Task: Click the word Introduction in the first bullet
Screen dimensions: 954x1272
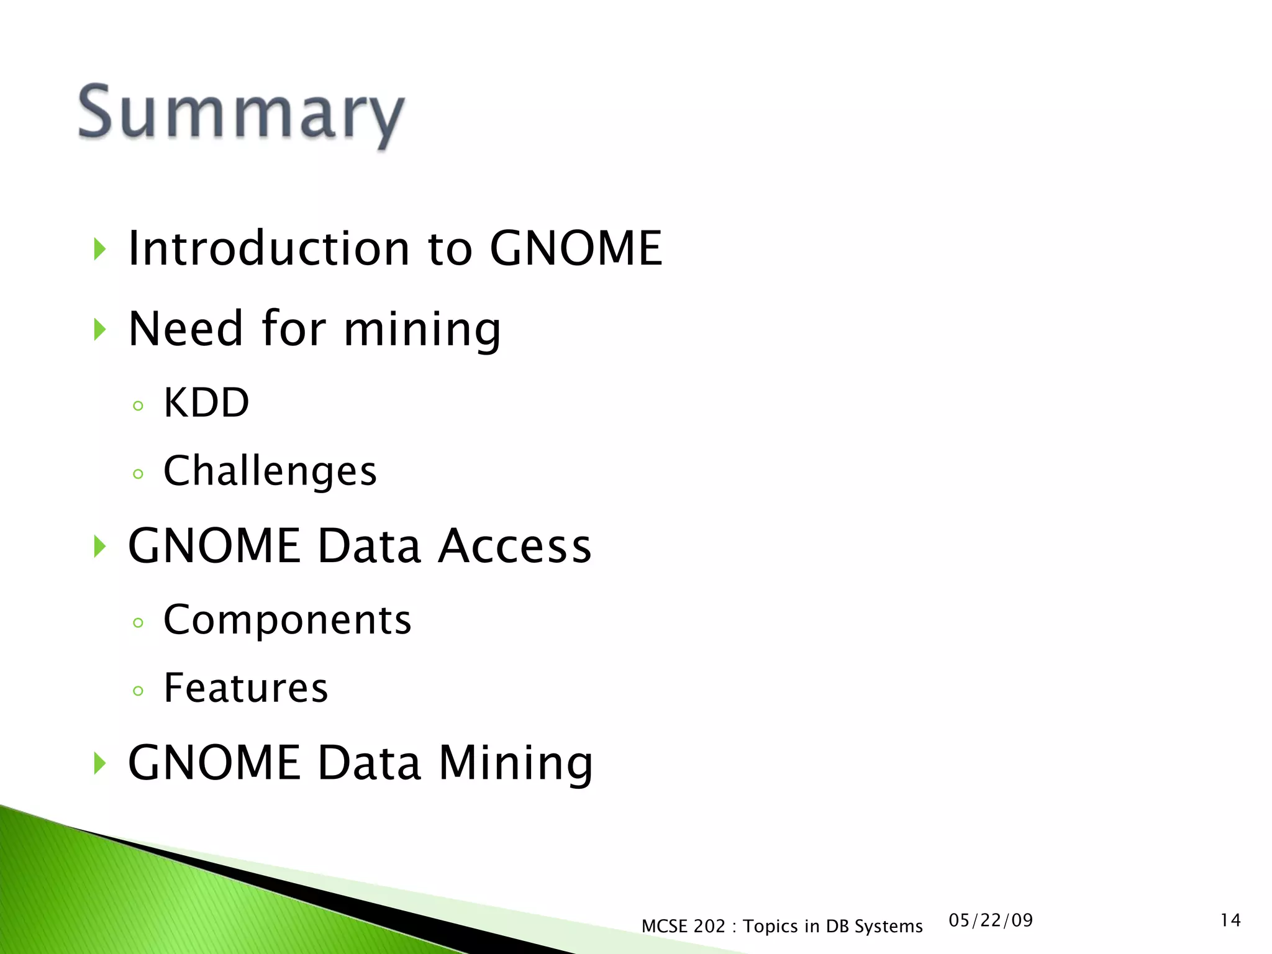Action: point(268,248)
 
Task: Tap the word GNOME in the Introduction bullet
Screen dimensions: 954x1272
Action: point(576,248)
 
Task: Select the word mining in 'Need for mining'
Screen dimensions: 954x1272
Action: point(422,329)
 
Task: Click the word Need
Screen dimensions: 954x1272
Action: point(185,329)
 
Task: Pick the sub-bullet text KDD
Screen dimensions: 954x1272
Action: point(206,403)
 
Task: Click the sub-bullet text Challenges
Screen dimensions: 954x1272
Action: point(270,471)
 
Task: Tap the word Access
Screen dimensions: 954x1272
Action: point(514,546)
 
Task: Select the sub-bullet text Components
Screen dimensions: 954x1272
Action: point(287,620)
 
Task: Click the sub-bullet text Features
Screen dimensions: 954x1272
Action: point(245,688)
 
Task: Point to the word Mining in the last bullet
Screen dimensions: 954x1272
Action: point(516,763)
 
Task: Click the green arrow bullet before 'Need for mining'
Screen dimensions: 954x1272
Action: point(100,329)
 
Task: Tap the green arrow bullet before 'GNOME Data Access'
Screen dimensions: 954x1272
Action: point(100,547)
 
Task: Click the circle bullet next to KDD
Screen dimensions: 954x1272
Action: point(138,406)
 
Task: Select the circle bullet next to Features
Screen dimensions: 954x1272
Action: point(138,691)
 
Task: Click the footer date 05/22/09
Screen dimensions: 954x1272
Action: point(991,920)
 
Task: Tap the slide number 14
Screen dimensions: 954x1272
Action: point(1230,920)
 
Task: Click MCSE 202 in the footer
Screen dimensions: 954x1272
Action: point(683,926)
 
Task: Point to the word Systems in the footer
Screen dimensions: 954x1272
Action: point(888,926)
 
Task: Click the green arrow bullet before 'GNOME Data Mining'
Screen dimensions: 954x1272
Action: point(100,763)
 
